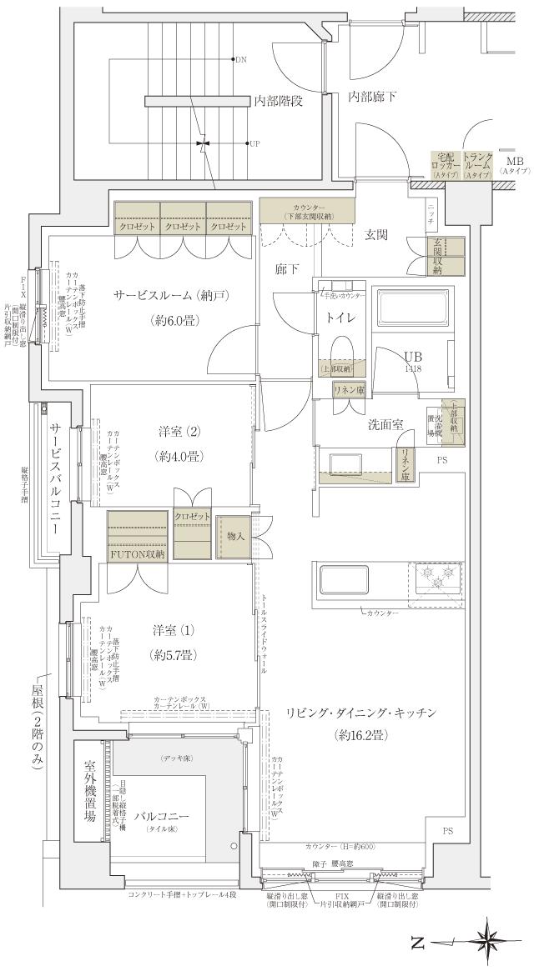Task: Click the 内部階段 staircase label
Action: [x=278, y=101]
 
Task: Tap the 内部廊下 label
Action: [x=372, y=97]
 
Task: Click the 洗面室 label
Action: [x=386, y=424]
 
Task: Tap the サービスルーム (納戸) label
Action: [x=172, y=295]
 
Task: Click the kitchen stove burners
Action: [x=434, y=574]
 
